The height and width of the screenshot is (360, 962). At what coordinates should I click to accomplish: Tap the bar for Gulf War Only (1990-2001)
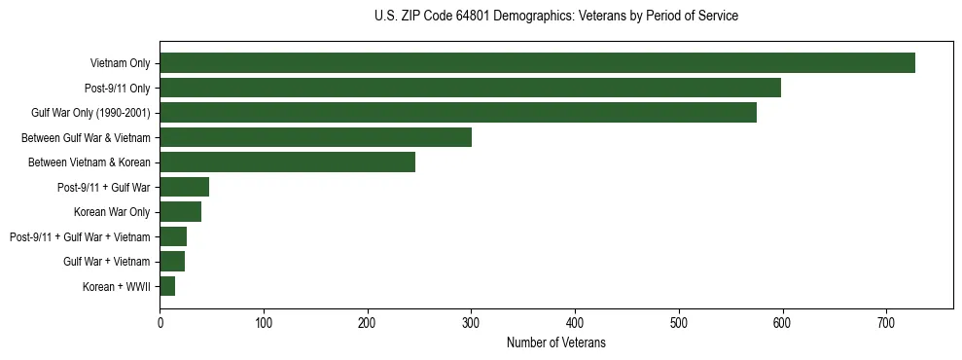[x=458, y=113]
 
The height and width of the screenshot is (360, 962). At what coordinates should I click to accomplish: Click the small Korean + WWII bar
[x=167, y=286]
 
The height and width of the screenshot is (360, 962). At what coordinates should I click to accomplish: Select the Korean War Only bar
[x=180, y=212]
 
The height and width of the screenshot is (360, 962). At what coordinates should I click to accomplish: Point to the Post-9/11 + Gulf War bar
[x=184, y=187]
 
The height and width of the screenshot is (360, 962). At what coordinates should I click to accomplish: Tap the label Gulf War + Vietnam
[x=106, y=262]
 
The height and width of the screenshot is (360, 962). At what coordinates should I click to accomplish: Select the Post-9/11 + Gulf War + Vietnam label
[x=80, y=237]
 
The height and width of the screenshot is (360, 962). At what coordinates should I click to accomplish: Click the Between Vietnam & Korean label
[x=89, y=162]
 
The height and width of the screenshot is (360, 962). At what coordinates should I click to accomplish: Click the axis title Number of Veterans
[x=555, y=342]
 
